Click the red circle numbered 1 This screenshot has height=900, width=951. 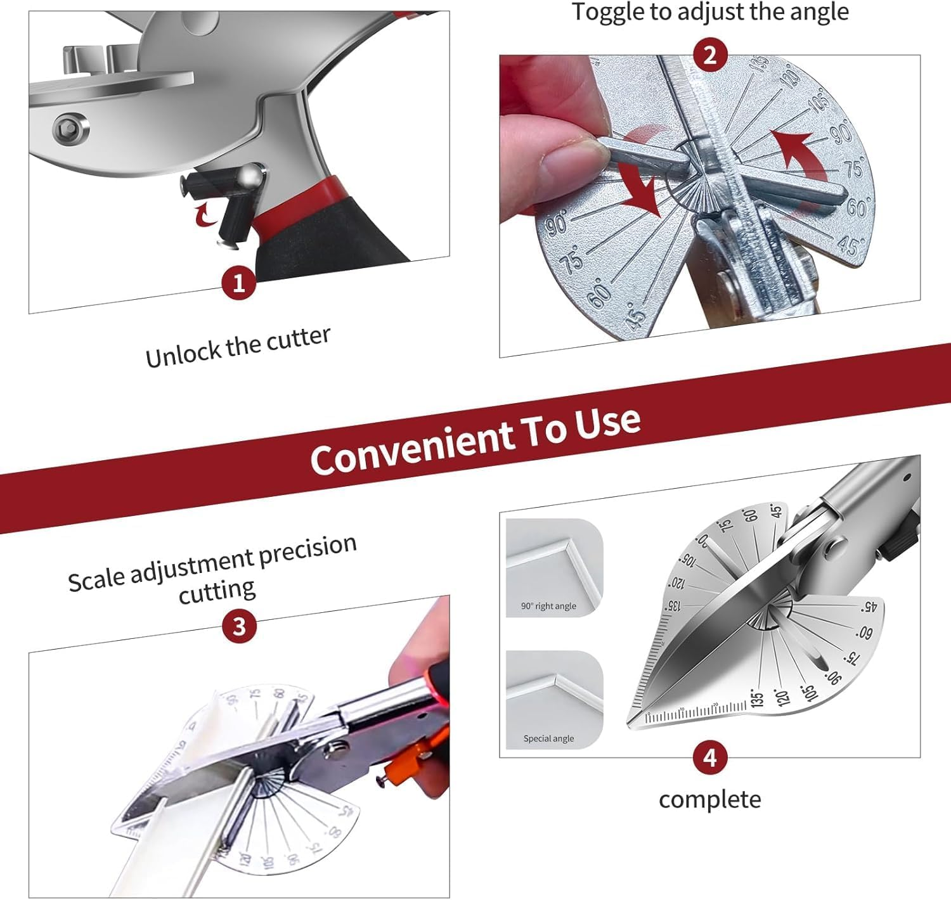point(238,283)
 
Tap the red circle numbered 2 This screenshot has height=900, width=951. point(709,55)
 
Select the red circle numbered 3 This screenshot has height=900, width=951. point(238,626)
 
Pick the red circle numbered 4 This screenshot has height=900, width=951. point(709,757)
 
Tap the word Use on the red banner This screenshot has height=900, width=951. point(607,423)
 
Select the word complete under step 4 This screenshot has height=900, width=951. point(709,799)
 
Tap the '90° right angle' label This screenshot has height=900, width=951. point(548,606)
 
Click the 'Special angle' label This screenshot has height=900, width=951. point(548,738)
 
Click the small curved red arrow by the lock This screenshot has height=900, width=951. point(205,214)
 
